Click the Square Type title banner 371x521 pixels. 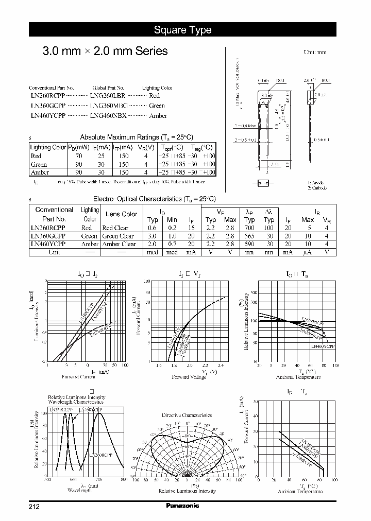click(182, 30)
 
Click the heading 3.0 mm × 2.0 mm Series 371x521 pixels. click(105, 51)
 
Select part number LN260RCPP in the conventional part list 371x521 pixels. click(48, 96)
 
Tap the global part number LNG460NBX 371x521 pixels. click(108, 115)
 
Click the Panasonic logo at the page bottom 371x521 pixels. click(182, 506)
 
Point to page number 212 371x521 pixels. click(34, 507)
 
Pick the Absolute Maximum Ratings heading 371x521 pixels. click(137, 137)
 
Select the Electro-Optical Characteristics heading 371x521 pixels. click(154, 199)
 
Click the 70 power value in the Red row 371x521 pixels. click(79, 156)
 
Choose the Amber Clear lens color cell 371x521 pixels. click(119, 244)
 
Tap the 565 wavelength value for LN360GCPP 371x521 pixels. click(249, 236)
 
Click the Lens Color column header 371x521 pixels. click(121, 214)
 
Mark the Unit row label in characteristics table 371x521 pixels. click(54, 252)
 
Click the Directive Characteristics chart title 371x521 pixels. click(187, 415)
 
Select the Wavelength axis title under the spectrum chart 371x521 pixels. click(79, 490)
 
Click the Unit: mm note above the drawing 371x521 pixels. click(315, 52)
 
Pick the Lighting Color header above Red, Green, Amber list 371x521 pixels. click(157, 88)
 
